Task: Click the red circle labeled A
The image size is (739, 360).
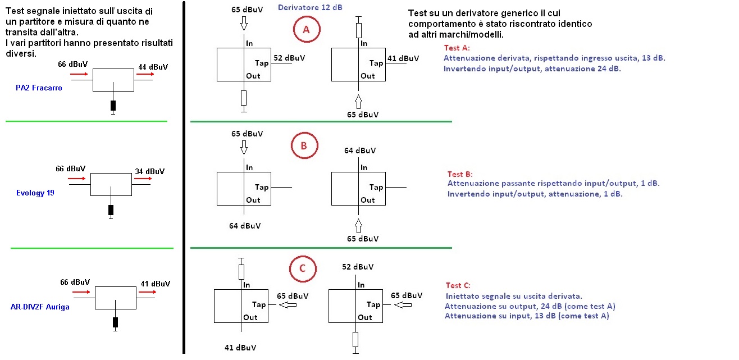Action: [294, 29]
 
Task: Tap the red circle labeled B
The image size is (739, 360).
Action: [291, 145]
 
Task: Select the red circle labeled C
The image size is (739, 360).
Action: [290, 268]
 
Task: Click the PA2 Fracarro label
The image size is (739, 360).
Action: [39, 88]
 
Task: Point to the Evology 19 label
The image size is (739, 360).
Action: [35, 193]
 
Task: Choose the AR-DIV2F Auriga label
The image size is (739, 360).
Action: [40, 307]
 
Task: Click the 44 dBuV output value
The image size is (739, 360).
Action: [153, 67]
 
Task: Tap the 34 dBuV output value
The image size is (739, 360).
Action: [150, 171]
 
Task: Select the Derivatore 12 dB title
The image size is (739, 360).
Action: [310, 7]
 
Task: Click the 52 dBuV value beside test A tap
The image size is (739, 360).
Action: [289, 58]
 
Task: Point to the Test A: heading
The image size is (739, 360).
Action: [457, 48]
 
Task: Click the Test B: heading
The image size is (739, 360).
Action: [460, 174]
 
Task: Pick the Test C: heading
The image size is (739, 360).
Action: [458, 285]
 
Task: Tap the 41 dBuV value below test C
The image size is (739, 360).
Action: [240, 348]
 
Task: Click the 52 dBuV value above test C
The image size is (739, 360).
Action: [358, 267]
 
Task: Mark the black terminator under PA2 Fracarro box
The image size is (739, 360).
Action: [113, 106]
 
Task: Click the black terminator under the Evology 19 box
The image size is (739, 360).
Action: [111, 210]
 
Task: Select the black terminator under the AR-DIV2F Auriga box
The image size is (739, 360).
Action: [115, 322]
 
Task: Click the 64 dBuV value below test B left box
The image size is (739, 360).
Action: [245, 226]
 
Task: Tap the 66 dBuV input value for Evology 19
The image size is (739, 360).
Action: [71, 168]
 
